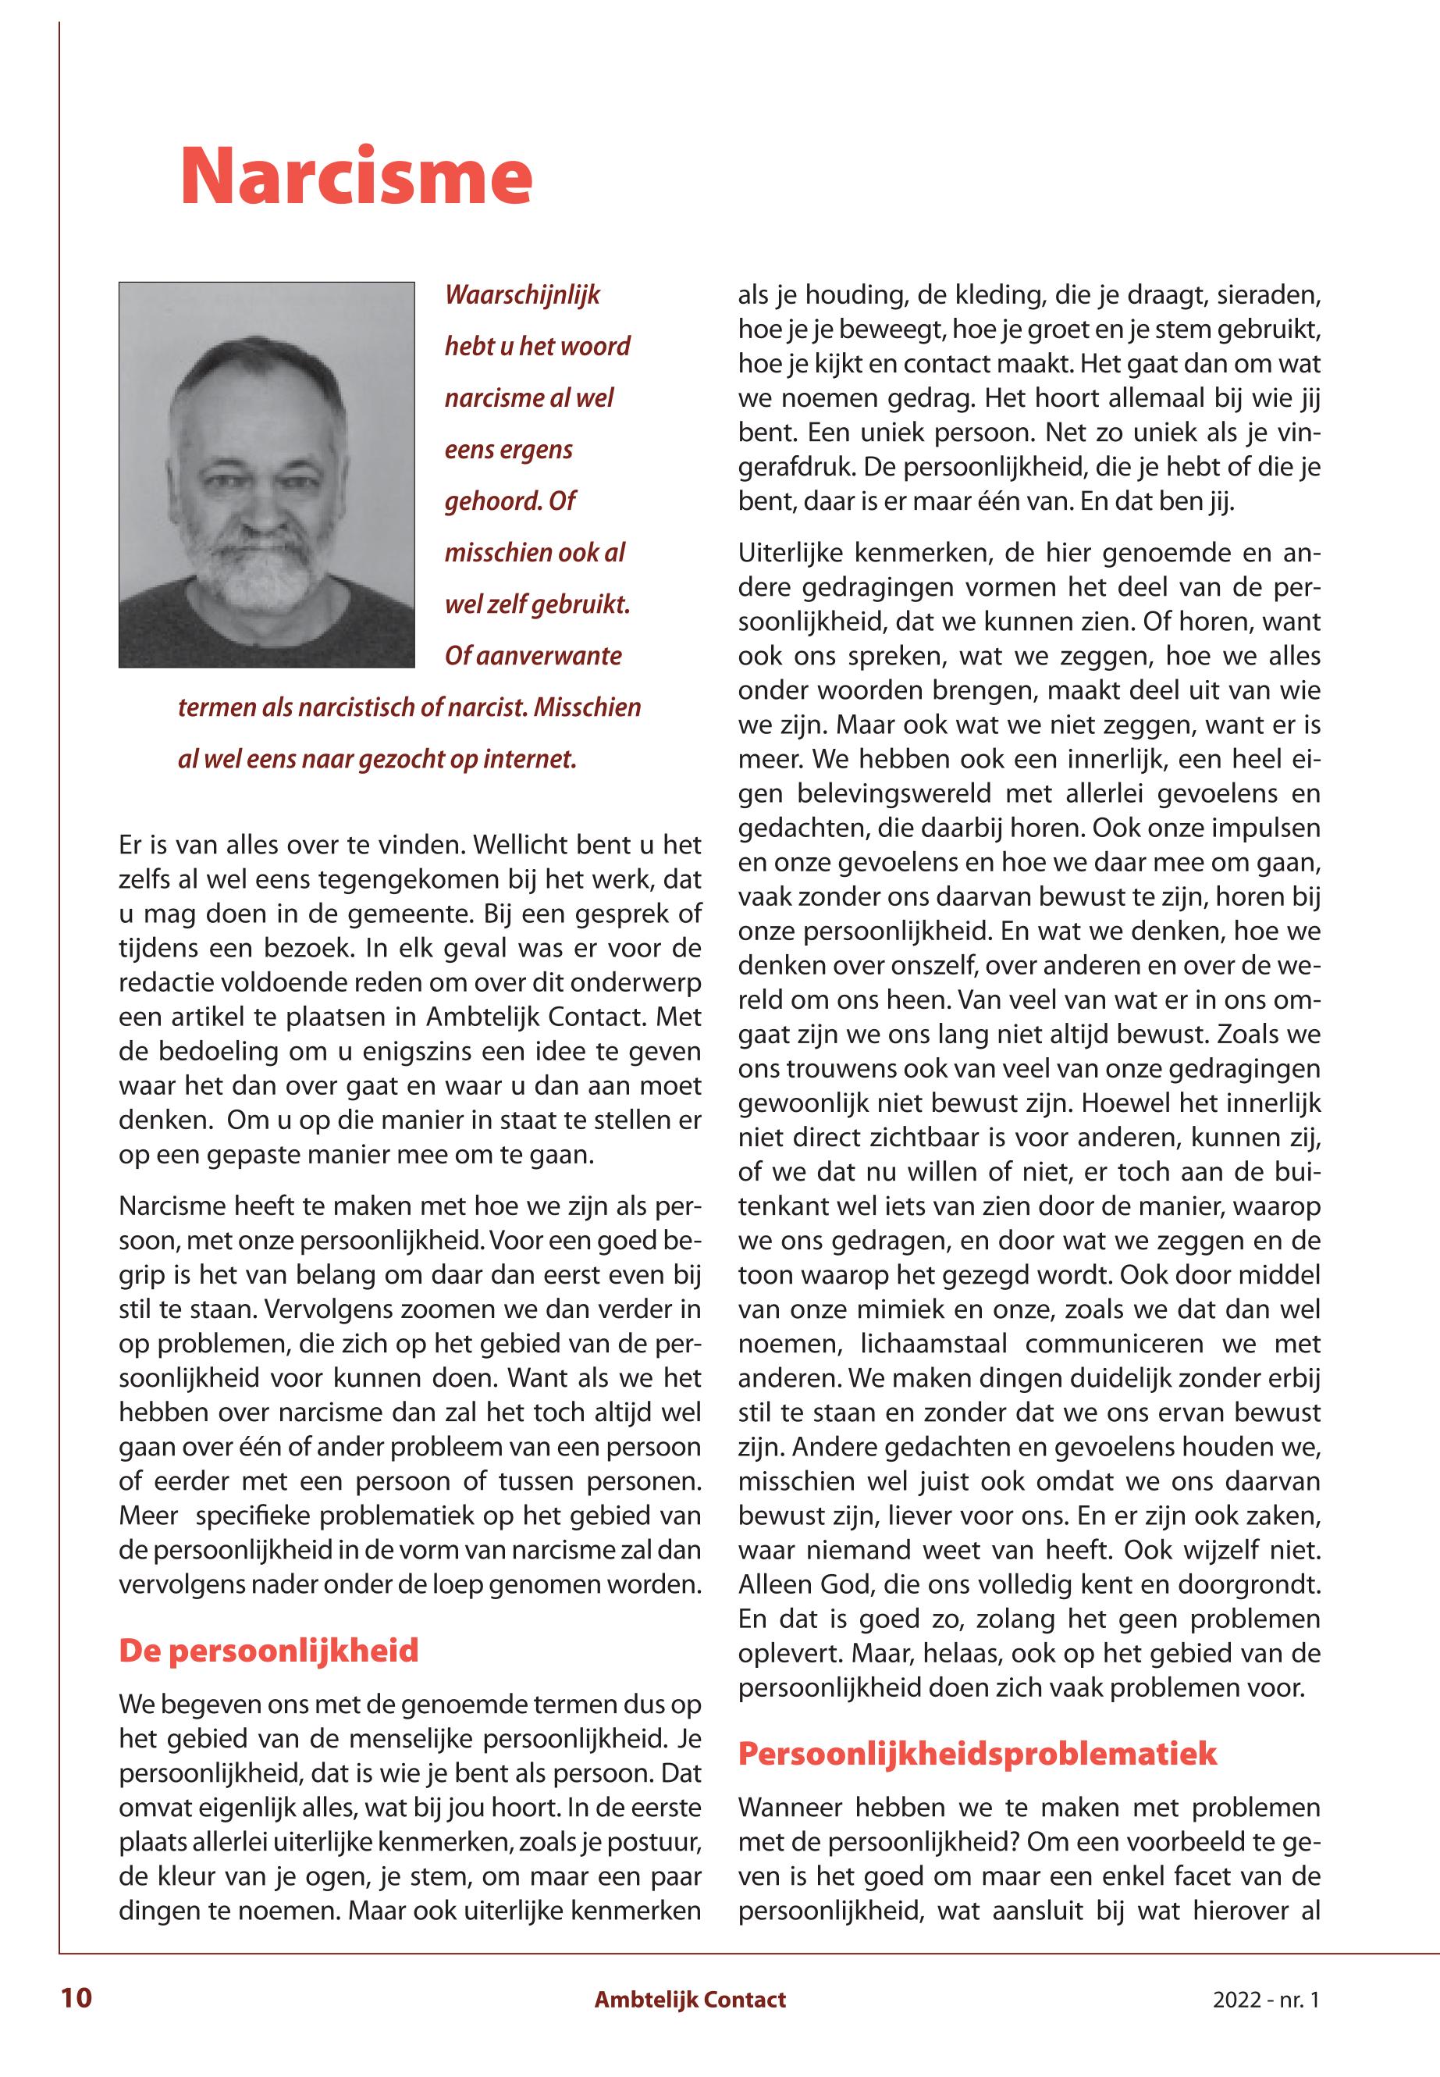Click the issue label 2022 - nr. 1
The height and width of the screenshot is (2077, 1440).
tap(1265, 2000)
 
